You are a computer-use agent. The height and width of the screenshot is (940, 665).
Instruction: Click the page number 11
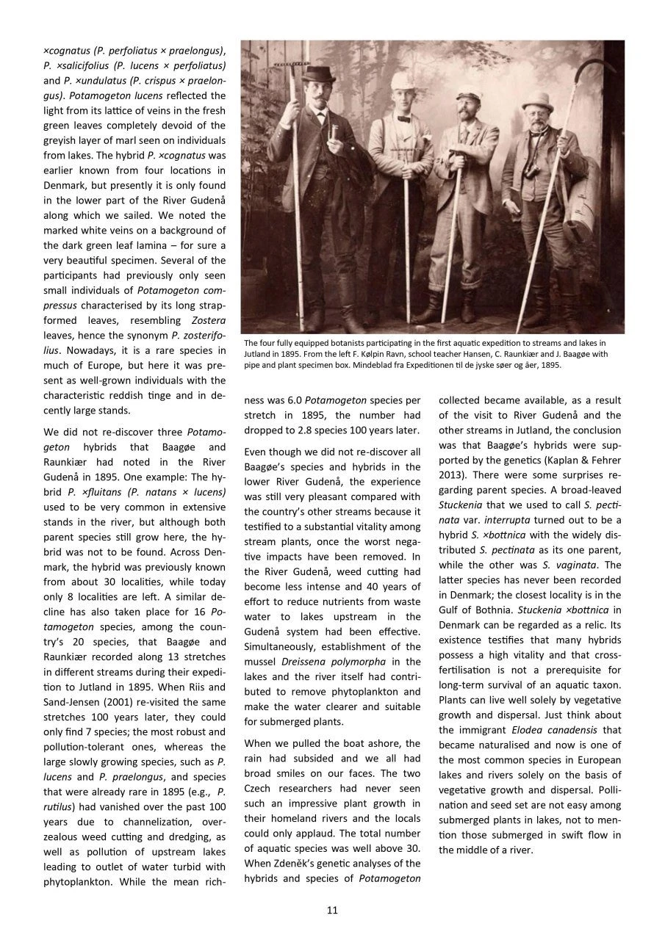pyautogui.click(x=332, y=911)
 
